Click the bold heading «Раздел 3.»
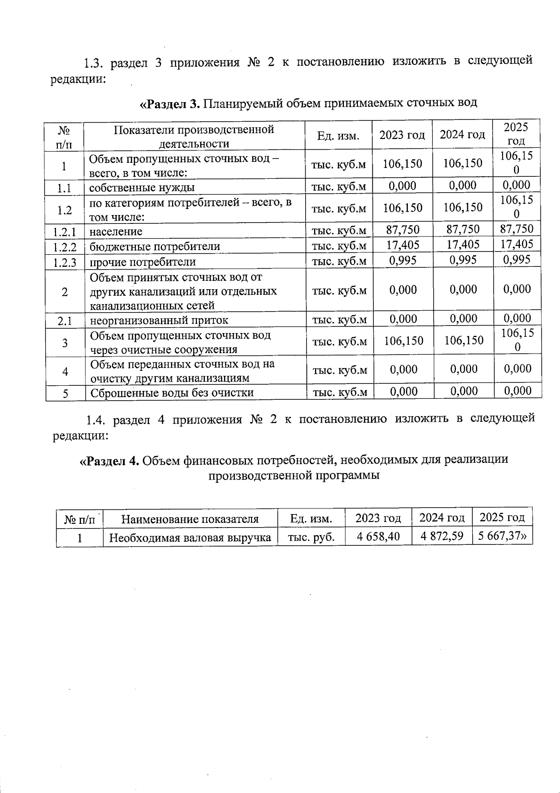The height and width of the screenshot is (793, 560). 170,103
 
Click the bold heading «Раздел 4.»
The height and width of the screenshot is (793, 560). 110,460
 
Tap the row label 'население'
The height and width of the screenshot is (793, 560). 116,231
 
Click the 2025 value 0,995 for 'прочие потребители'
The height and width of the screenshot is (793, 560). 517,259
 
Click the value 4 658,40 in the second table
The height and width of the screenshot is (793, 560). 378,536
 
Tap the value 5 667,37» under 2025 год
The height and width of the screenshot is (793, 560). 502,536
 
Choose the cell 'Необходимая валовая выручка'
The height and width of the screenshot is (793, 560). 190,537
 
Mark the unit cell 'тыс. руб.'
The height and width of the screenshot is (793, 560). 311,537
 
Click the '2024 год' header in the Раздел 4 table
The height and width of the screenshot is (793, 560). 441,517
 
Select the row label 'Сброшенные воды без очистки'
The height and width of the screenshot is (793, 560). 172,393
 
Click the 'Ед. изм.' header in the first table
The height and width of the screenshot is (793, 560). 338,136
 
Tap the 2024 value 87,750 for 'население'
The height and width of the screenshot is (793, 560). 462,230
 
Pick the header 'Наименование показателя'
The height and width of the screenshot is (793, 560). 189,519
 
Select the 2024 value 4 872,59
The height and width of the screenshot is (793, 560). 441,536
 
